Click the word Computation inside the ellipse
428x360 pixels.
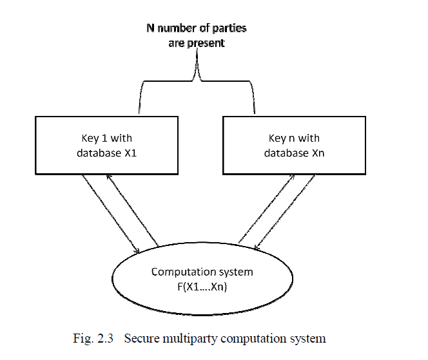[x=178, y=272]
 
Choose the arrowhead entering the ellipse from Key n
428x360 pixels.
[x=258, y=248]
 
